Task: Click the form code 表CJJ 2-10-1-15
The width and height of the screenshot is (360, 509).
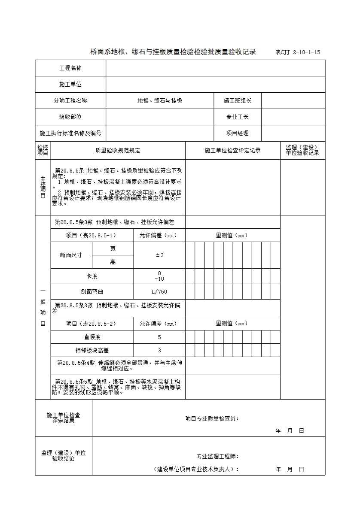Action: click(298, 52)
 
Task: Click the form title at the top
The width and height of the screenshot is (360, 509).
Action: click(173, 52)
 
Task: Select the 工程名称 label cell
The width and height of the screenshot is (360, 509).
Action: click(70, 68)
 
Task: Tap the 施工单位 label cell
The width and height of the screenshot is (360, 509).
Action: click(70, 85)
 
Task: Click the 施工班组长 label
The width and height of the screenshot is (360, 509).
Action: click(237, 101)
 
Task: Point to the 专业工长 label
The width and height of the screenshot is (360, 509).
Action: click(237, 117)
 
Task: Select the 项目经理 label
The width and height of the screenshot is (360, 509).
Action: click(237, 133)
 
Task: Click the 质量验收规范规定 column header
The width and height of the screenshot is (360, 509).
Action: click(118, 151)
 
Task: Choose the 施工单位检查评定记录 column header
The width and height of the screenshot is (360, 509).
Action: click(232, 151)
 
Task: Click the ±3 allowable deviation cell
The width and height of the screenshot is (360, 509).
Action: click(159, 255)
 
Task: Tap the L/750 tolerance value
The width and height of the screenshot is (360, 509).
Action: click(159, 292)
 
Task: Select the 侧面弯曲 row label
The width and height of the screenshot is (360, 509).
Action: click(92, 292)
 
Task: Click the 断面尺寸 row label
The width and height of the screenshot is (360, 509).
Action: click(71, 255)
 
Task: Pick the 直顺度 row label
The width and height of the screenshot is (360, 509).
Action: click(92, 337)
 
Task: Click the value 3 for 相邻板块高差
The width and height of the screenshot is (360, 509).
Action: click(159, 351)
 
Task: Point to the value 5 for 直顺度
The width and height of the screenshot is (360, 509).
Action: click(159, 337)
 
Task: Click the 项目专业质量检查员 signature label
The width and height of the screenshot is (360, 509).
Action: click(212, 418)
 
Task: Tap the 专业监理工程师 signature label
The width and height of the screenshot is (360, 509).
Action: click(217, 456)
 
